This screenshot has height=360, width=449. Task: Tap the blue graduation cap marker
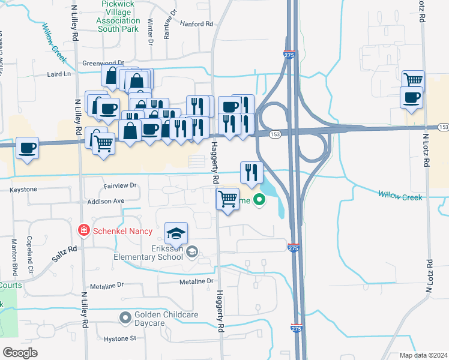point(176,233)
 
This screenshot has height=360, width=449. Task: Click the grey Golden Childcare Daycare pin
point(125,316)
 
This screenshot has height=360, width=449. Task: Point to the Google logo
point(20,353)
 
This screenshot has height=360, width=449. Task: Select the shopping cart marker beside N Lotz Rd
point(413,80)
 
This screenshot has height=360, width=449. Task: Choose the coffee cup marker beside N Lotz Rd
point(411,98)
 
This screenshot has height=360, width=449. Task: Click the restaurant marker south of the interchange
point(252,172)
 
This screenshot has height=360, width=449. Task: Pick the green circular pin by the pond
point(259,200)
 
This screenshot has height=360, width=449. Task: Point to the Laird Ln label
point(59,74)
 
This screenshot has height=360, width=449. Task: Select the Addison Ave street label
point(106,201)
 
